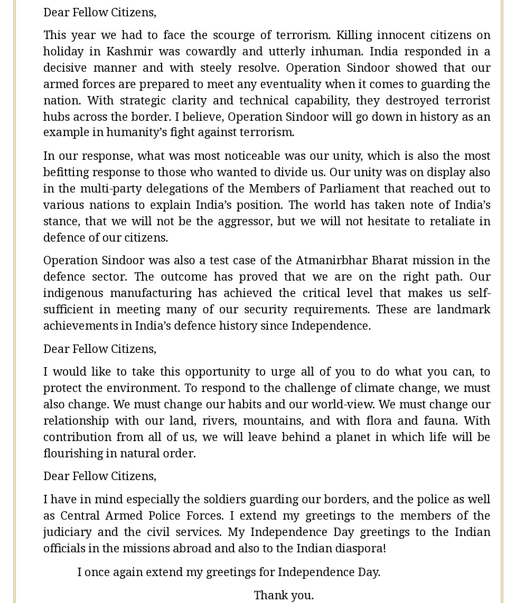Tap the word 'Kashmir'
[x=129, y=51]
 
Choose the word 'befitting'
[x=66, y=172]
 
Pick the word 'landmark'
[x=463, y=309]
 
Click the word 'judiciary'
[x=67, y=532]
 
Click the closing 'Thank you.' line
[x=284, y=595]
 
